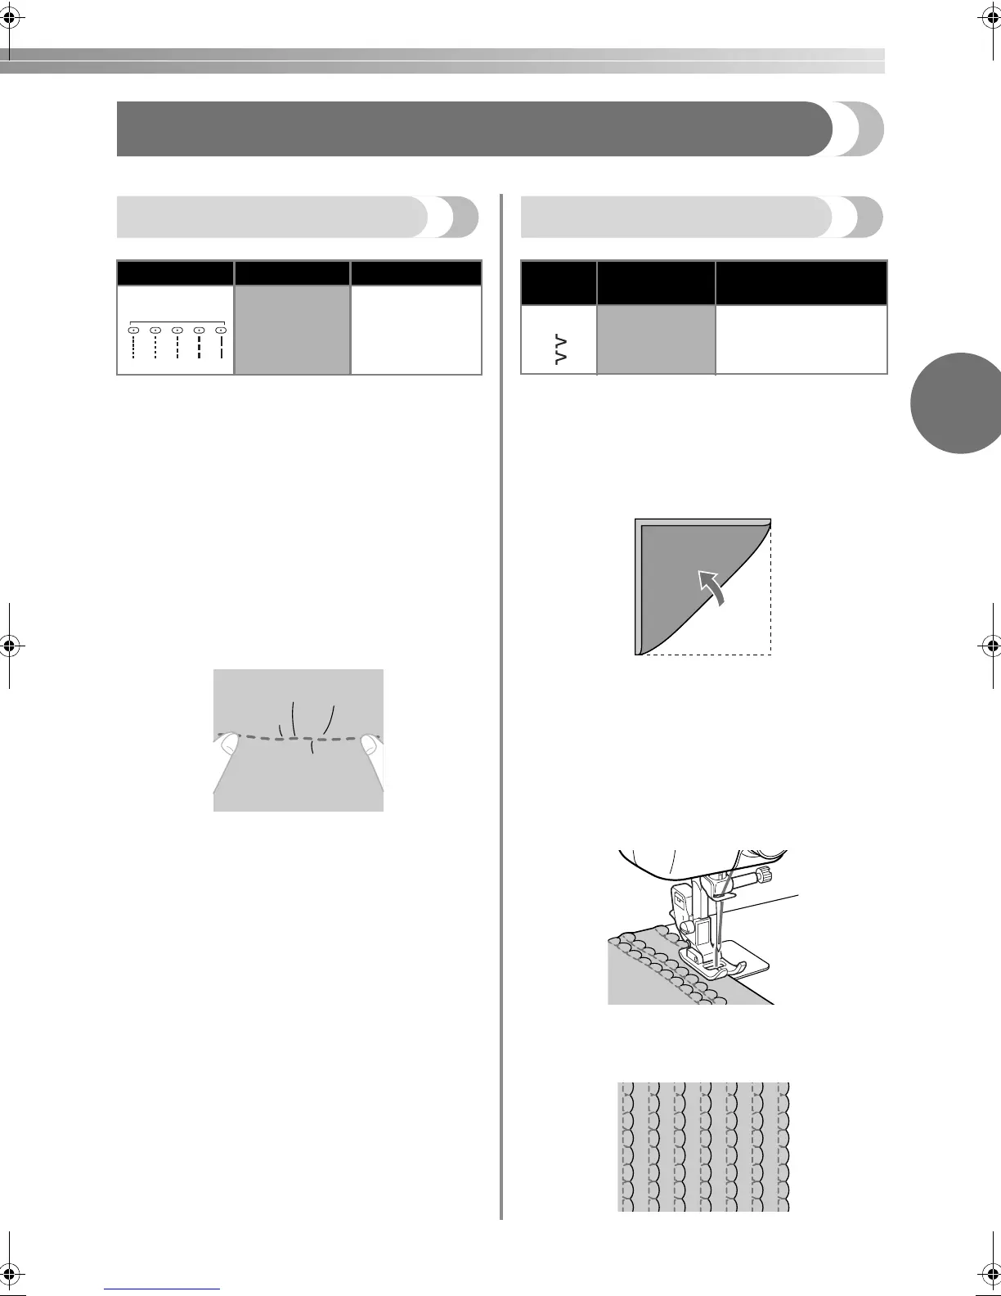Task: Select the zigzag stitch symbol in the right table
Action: [x=559, y=349]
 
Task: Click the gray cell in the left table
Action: [x=292, y=330]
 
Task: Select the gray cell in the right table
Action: [x=656, y=340]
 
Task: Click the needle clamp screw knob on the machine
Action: [x=762, y=877]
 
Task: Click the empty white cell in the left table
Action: [x=415, y=330]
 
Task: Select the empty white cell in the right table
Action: [x=801, y=340]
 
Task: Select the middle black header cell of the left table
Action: [x=292, y=273]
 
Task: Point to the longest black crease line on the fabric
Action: [x=294, y=720]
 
